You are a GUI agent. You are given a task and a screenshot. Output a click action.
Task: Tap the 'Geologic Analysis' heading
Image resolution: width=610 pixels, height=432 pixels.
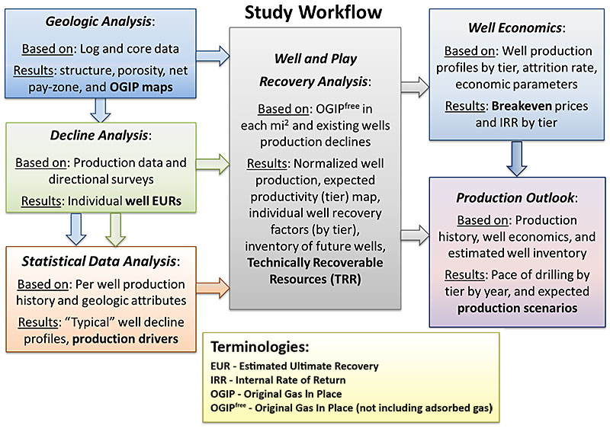[x=109, y=24]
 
